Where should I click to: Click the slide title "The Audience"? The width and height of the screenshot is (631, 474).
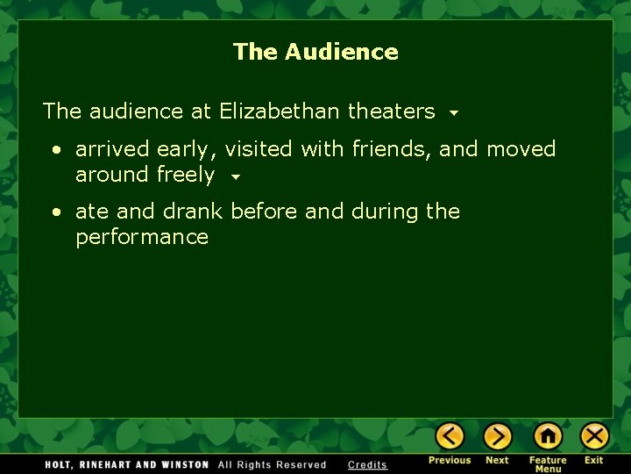(315, 52)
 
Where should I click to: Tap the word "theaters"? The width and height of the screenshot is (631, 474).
(391, 111)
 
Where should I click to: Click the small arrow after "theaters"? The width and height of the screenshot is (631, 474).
(453, 113)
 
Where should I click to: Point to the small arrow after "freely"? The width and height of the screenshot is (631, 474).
(235, 176)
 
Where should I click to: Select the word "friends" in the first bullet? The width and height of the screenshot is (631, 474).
(392, 149)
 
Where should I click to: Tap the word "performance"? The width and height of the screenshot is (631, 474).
(142, 238)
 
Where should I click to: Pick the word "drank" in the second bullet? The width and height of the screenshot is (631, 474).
(192, 212)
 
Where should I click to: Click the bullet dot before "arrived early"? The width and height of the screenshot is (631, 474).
(55, 150)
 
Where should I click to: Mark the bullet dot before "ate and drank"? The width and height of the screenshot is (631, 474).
(55, 212)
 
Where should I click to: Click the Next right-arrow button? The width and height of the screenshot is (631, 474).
(497, 436)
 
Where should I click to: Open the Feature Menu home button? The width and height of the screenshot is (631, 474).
(548, 436)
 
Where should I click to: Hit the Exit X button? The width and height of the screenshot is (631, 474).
(594, 436)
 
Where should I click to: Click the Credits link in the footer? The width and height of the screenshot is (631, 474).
(367, 464)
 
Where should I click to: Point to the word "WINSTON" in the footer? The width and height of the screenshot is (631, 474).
(183, 464)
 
